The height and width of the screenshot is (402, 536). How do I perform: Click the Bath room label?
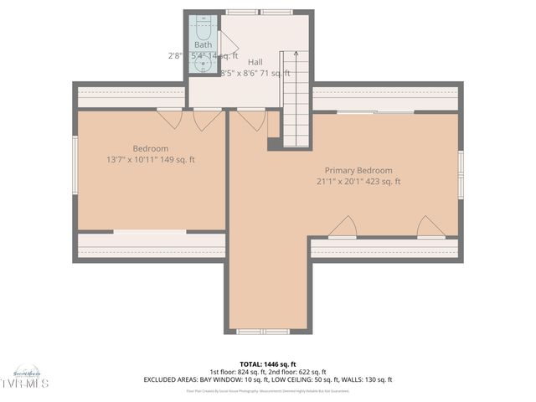pos(203,44)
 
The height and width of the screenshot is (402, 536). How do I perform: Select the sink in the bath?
pos(203,63)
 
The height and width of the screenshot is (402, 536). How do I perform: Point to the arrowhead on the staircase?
pos(295,54)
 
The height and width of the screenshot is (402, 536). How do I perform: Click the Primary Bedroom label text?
pos(358,170)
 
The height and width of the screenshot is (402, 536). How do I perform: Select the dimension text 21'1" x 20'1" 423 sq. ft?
pos(358,181)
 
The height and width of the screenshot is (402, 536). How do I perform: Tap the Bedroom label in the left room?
pos(151,148)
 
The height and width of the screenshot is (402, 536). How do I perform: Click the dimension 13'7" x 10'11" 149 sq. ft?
pos(151,159)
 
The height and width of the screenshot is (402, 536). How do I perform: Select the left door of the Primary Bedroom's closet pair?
pos(343,228)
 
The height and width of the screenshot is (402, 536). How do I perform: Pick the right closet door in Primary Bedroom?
pos(431,228)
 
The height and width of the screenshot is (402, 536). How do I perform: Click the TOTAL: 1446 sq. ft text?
pos(267,364)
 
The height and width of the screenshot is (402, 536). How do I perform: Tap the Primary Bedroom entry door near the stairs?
pos(251,121)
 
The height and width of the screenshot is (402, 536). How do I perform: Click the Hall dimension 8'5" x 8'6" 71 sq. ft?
pos(255,74)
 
